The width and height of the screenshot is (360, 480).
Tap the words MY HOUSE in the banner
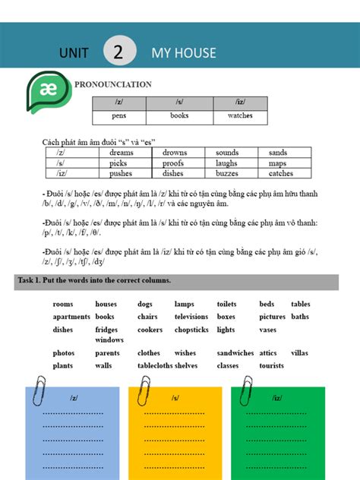click(184, 52)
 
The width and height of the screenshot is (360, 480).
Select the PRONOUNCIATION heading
click(112, 84)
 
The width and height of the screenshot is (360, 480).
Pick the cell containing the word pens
click(119, 117)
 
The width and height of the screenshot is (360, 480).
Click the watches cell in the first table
click(240, 117)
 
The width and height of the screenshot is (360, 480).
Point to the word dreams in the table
click(121, 153)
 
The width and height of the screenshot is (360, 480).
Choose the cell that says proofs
click(173, 163)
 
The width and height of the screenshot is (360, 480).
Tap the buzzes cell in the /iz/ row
click(227, 173)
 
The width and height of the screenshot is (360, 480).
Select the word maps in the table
click(277, 163)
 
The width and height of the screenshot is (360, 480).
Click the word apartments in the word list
click(71, 317)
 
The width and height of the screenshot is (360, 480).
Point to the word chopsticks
click(191, 330)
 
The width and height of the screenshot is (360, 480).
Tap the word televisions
click(191, 317)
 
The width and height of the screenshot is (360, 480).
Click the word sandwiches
click(235, 353)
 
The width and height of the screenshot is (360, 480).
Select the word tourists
click(271, 365)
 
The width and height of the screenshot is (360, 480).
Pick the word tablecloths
click(154, 365)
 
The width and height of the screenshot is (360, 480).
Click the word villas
click(299, 353)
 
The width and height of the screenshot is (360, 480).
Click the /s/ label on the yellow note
click(175, 398)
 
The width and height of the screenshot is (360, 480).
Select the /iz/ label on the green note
click(276, 398)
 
